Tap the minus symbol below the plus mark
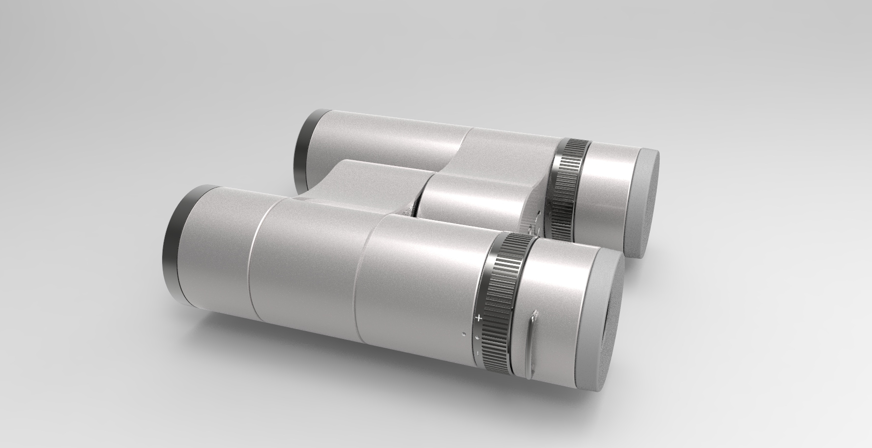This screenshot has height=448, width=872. coord(475,353)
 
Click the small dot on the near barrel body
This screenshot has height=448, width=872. coord(464,335)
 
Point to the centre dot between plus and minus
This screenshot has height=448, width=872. coord(477,337)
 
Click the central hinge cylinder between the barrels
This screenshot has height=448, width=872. coord(472,201)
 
